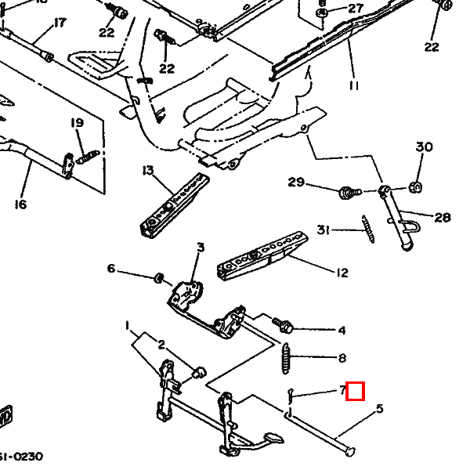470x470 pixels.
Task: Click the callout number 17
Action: (x=60, y=23)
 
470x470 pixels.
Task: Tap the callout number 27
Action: (x=356, y=9)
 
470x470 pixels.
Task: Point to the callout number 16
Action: (x=20, y=204)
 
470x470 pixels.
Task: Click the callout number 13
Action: (x=147, y=171)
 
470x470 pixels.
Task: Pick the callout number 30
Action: (x=424, y=147)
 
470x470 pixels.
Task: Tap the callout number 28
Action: (x=443, y=217)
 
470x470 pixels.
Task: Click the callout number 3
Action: (x=200, y=248)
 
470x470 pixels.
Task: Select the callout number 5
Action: (x=380, y=408)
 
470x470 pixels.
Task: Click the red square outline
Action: (x=356, y=390)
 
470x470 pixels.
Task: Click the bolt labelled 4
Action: (x=281, y=322)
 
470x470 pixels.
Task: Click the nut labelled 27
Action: (x=322, y=13)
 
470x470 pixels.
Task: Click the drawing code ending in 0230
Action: (x=21, y=457)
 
